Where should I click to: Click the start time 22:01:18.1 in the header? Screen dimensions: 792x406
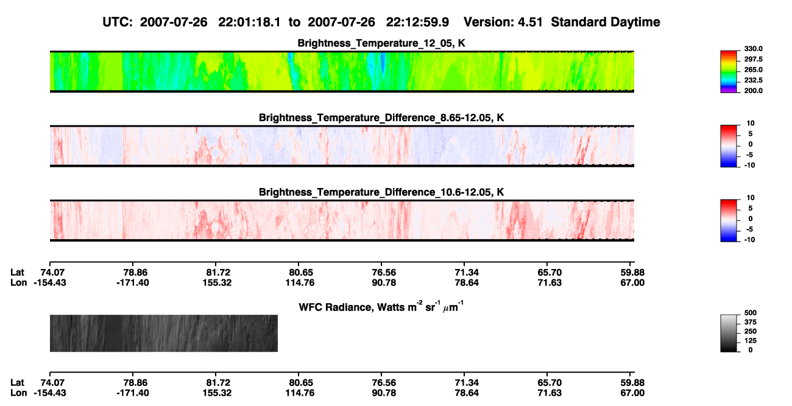pos(249,23)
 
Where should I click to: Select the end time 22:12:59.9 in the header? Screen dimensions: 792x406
pos(417,23)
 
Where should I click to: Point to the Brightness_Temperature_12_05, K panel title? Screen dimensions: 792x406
pos(381,43)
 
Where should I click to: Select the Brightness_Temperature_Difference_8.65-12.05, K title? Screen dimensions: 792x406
pos(381,117)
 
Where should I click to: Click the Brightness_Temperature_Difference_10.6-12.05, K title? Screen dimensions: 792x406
pos(381,192)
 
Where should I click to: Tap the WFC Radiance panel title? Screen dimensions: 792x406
pos(381,306)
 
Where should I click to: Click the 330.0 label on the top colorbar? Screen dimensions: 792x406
pos(753,49)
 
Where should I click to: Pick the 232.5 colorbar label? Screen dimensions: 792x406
pos(753,80)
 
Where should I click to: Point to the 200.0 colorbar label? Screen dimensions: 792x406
pos(753,91)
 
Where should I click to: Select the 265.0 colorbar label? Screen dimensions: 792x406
pos(753,69)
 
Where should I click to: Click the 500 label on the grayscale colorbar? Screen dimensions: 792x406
pos(751,313)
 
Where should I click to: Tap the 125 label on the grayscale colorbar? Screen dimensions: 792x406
pos(751,341)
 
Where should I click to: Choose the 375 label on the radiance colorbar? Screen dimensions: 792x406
pos(751,322)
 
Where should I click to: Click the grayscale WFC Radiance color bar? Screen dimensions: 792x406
pos(729,333)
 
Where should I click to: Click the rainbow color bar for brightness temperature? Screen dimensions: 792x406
pos(729,72)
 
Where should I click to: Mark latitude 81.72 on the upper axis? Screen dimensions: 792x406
pos(218,273)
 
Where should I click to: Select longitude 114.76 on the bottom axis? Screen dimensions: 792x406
pos(300,393)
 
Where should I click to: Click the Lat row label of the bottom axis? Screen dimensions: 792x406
pos(17,383)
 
